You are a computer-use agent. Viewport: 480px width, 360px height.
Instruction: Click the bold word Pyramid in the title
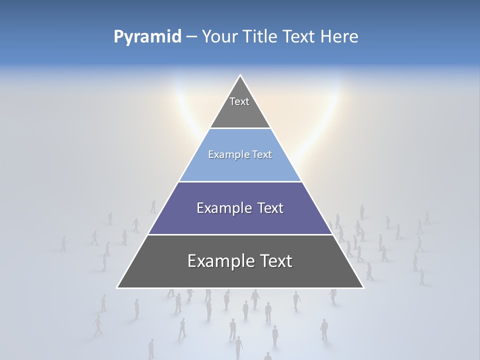pyautogui.click(x=147, y=36)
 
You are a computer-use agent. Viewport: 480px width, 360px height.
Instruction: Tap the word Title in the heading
pyautogui.click(x=261, y=36)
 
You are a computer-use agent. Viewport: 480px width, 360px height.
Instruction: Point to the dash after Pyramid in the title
pyautogui.click(x=191, y=36)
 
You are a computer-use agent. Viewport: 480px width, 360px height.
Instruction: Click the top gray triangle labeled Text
pyautogui.click(x=240, y=112)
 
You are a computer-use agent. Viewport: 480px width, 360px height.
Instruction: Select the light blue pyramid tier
pyautogui.click(x=240, y=167)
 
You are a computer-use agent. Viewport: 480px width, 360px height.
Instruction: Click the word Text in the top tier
pyautogui.click(x=239, y=101)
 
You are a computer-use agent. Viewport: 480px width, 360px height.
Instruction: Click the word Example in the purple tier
pyautogui.click(x=222, y=208)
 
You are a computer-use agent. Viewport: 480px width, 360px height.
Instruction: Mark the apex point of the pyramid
pyautogui.click(x=240, y=75)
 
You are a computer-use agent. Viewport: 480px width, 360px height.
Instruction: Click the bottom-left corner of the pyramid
pyautogui.click(x=117, y=288)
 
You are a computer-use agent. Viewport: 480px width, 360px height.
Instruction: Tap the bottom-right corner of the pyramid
pyautogui.click(x=363, y=288)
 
